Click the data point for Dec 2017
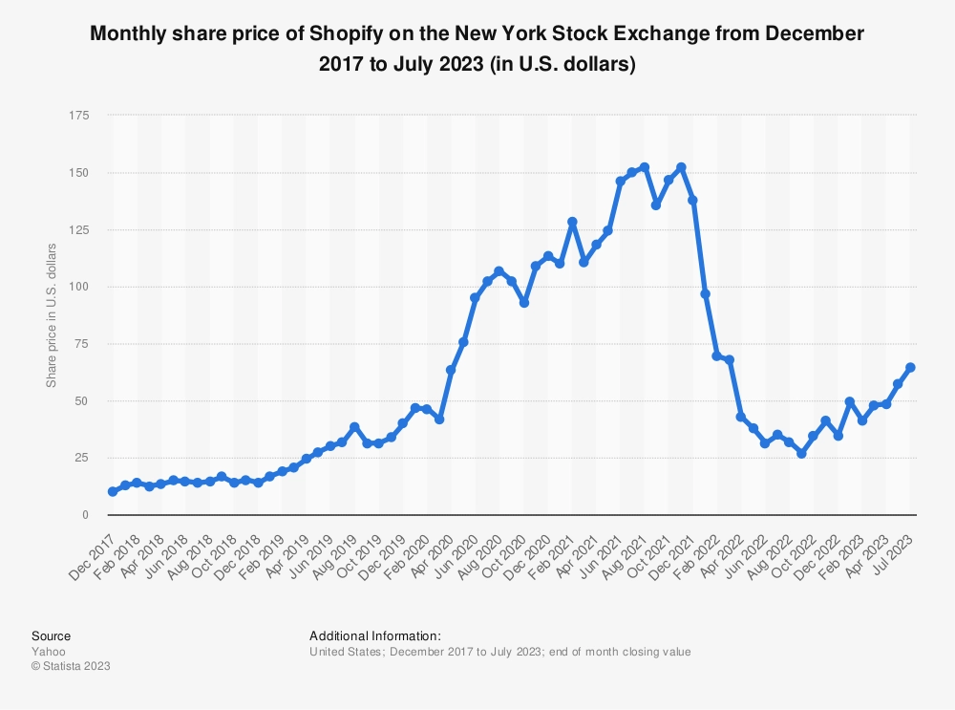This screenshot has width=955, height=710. pyautogui.click(x=113, y=491)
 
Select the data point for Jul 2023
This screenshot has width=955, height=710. pyautogui.click(x=910, y=367)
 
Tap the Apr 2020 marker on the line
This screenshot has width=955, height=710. pyautogui.click(x=451, y=370)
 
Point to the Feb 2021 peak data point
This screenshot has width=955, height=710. pyautogui.click(x=572, y=222)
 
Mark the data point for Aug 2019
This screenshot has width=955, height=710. pyautogui.click(x=354, y=427)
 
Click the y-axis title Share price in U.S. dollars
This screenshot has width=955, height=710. pyautogui.click(x=52, y=315)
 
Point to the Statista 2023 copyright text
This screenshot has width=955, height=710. pyautogui.click(x=71, y=666)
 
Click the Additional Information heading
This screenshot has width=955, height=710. pyautogui.click(x=375, y=635)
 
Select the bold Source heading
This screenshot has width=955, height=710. pyautogui.click(x=51, y=635)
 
